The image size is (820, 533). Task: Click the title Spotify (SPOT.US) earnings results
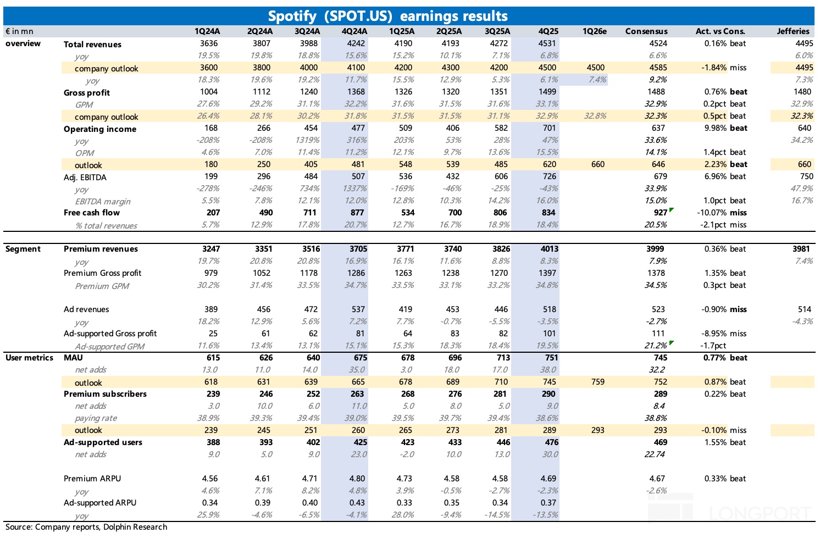click(x=387, y=16)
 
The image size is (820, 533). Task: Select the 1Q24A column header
click(x=207, y=31)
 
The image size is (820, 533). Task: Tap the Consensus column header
click(x=646, y=31)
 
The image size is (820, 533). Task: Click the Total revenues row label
click(x=92, y=45)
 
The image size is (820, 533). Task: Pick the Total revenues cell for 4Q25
click(x=547, y=43)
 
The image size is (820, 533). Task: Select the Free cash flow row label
click(x=91, y=213)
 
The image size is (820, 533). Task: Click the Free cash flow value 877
click(x=357, y=213)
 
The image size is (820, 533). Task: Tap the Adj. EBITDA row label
click(x=85, y=177)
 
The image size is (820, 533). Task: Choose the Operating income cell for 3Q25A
click(x=501, y=128)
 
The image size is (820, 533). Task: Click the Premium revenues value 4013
click(x=549, y=249)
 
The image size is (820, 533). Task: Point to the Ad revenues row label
click(x=86, y=309)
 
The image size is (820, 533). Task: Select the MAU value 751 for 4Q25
click(x=551, y=358)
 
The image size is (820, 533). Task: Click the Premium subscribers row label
click(x=105, y=394)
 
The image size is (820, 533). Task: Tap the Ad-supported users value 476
click(x=551, y=442)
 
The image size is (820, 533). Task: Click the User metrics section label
click(x=29, y=358)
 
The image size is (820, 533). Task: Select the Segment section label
click(x=23, y=249)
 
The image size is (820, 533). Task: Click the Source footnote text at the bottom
click(x=86, y=527)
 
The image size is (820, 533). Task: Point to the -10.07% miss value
click(x=722, y=213)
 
